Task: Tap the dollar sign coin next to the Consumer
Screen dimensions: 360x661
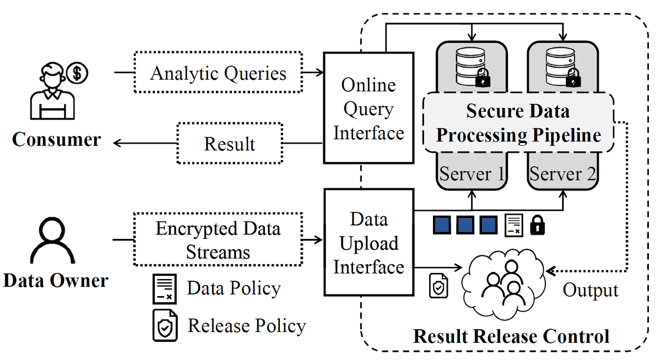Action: (x=77, y=73)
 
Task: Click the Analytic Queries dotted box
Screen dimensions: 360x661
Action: (x=218, y=73)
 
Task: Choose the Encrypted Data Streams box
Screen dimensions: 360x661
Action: (x=218, y=240)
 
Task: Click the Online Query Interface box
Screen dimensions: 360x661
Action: (x=368, y=108)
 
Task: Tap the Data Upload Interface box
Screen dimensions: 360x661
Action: (x=368, y=243)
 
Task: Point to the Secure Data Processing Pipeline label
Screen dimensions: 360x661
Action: (x=518, y=123)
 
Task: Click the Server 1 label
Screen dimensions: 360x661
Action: (x=472, y=174)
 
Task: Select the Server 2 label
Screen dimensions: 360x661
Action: (x=563, y=174)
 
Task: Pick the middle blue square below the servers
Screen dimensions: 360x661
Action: (x=465, y=225)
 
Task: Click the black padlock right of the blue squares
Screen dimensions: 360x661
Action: (x=538, y=225)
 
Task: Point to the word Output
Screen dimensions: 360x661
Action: (x=590, y=290)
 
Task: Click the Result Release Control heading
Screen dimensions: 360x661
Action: (x=511, y=336)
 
